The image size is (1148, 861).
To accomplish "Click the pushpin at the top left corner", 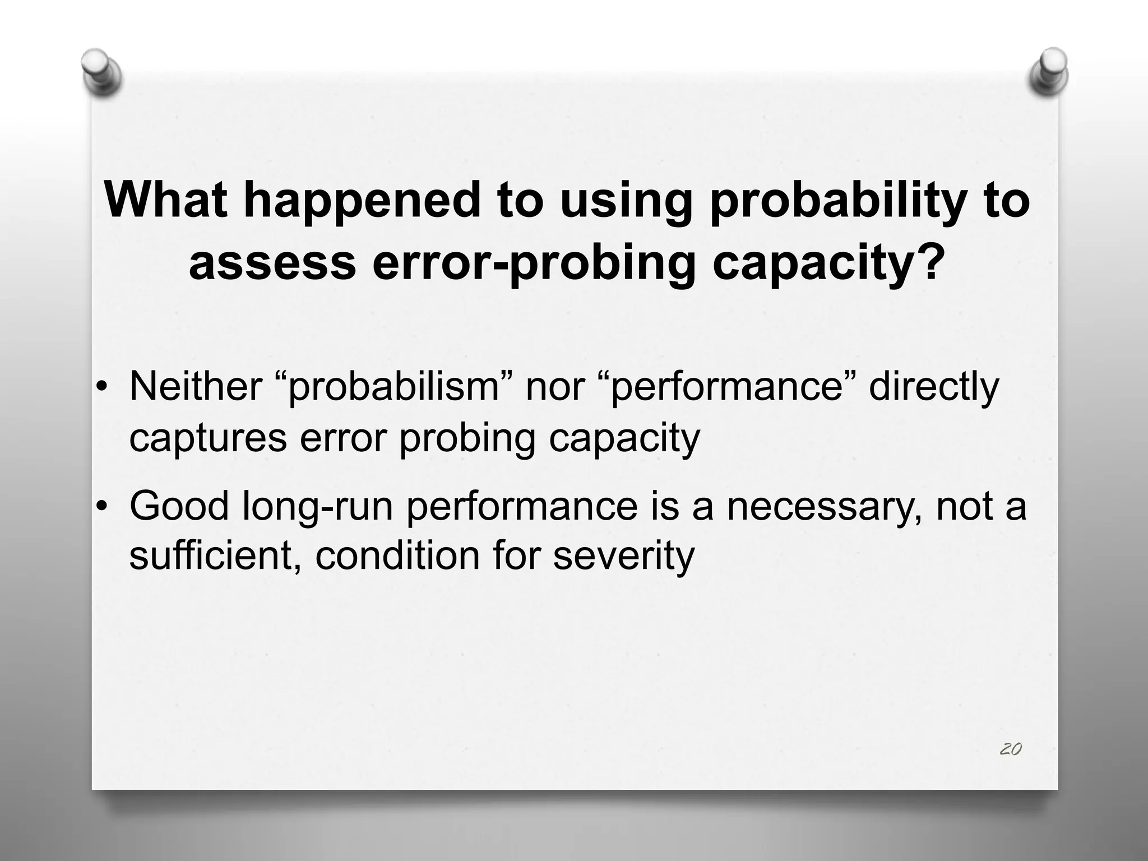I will click(101, 72).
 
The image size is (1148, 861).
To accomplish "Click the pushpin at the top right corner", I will click(1048, 72).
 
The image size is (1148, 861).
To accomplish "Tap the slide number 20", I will click(1011, 749).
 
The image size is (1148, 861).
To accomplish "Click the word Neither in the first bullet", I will click(196, 387).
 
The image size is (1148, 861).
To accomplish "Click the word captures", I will click(208, 439).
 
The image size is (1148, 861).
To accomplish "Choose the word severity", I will click(623, 556).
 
